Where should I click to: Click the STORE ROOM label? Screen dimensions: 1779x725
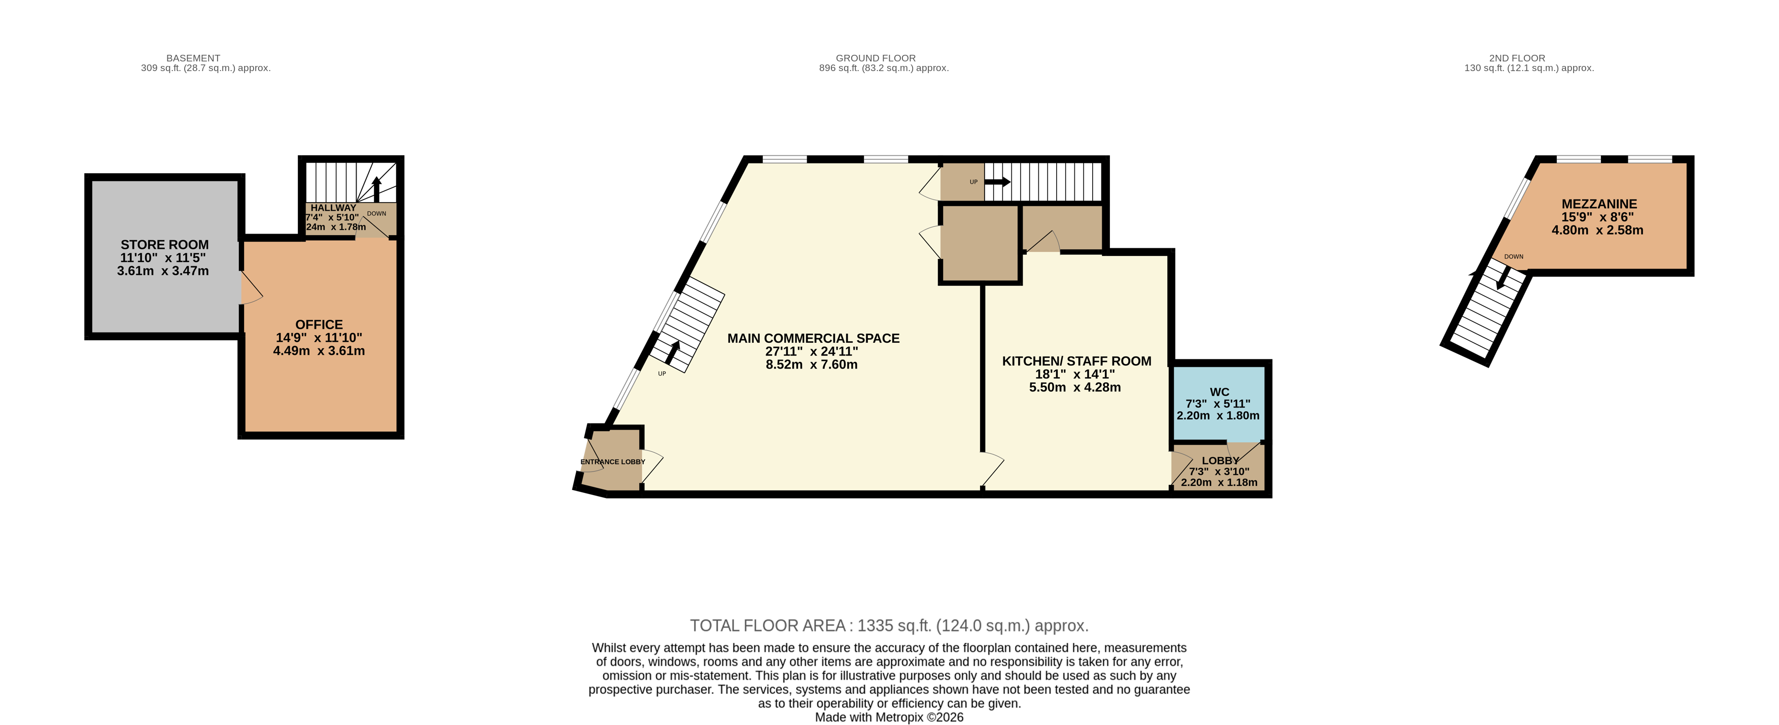164,245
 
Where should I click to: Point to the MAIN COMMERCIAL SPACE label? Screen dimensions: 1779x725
814,338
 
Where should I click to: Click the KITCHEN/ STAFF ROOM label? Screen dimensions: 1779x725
1076,361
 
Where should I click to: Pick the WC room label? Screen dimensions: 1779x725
1219,392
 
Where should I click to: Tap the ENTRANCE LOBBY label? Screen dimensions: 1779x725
613,462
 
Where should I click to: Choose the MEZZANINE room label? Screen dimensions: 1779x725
1599,204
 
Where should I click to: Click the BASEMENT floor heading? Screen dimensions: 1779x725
193,58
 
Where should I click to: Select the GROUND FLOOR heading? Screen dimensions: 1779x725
876,58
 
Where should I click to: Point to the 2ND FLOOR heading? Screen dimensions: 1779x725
1517,58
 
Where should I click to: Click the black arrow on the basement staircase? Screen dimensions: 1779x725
376,189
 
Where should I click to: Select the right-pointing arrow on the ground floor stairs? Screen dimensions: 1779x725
997,182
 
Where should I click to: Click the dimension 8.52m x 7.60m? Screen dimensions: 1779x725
812,364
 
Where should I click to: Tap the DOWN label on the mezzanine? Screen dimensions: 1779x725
1514,256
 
